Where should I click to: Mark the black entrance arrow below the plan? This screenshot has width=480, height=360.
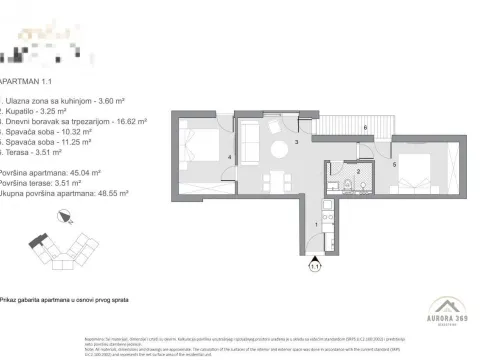pyautogui.click(x=317, y=256)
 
